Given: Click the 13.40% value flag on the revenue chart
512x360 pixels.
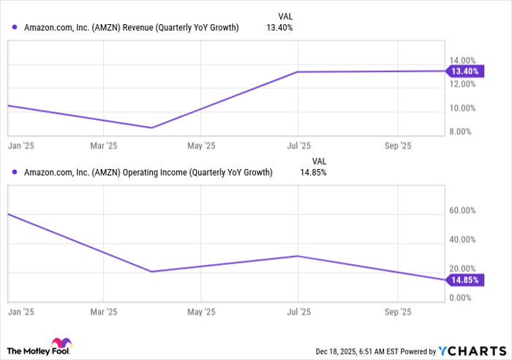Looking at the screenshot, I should tap(466, 71).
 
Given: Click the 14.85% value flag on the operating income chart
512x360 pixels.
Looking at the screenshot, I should tap(466, 280).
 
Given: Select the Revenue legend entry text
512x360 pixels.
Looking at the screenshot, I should tap(131, 29).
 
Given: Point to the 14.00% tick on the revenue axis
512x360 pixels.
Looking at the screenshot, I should tap(462, 60).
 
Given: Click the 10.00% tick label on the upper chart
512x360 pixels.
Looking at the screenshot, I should tap(462, 108).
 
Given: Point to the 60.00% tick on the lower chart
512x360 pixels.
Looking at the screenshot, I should tap(462, 211).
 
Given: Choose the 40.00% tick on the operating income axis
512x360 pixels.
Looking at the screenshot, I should tap(462, 239).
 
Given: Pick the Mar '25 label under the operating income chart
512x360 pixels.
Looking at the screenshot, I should tap(104, 312).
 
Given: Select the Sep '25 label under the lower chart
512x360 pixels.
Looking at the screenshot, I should tap(397, 312).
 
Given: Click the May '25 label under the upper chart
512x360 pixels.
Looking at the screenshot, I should tap(202, 146).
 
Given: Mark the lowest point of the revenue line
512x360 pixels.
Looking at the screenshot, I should tap(151, 128).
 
